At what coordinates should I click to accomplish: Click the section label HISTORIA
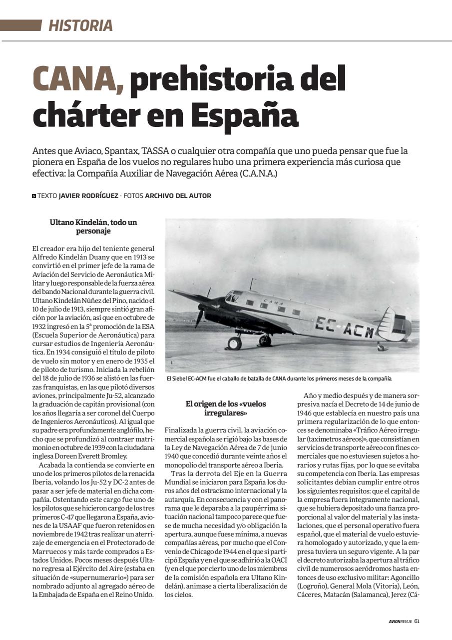(x=80, y=25)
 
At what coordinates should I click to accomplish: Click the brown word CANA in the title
(x=78, y=79)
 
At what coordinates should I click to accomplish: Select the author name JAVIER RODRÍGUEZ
(x=89, y=195)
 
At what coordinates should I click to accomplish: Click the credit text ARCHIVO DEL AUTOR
(x=178, y=195)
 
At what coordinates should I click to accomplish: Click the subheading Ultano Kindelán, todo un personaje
(x=93, y=226)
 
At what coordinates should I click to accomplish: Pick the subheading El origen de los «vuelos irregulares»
(x=226, y=408)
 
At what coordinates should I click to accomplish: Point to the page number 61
(x=416, y=621)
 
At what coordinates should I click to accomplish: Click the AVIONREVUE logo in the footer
(x=400, y=621)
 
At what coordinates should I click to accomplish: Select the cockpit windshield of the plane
(x=231, y=296)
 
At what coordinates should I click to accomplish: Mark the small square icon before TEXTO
(x=33, y=196)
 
